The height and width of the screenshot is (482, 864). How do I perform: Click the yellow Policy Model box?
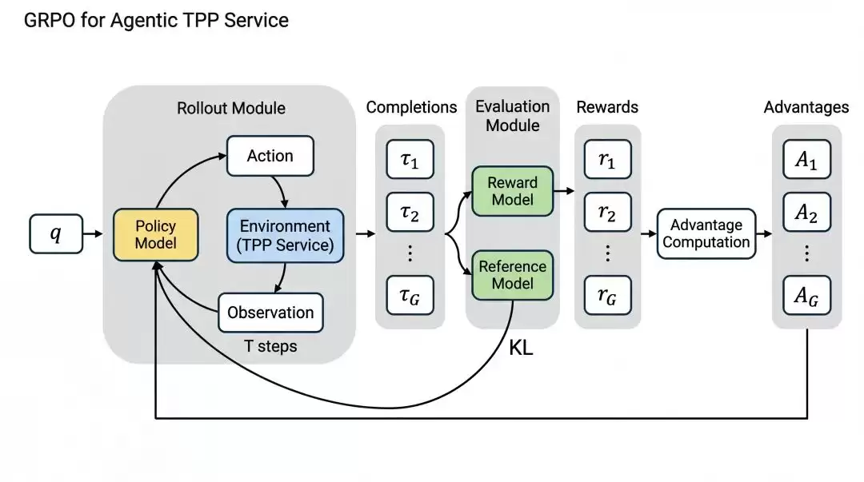point(155,235)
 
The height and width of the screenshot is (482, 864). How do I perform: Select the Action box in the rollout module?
point(270,156)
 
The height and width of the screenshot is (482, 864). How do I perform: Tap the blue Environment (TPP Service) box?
point(285,235)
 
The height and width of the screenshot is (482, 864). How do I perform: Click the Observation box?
point(270,313)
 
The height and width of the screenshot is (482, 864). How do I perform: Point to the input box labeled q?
point(56,233)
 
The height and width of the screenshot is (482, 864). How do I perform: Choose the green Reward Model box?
point(513,191)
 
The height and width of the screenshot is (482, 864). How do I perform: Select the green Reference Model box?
point(513,275)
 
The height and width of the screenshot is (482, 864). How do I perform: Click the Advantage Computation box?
point(706,233)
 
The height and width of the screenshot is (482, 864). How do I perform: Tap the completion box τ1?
point(410,159)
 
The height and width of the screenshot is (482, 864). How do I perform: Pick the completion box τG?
point(410,295)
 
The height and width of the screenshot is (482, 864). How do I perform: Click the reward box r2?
point(607,212)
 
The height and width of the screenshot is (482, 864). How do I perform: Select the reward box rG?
point(607,295)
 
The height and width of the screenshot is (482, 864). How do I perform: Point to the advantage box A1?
point(806,159)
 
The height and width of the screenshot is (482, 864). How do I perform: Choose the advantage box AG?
point(806,295)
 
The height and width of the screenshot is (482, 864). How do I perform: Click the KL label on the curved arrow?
point(521,349)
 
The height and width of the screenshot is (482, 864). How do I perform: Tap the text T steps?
point(270,346)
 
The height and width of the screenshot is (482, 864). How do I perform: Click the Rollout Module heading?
point(231,108)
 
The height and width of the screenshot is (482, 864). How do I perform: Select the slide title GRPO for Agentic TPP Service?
point(157,20)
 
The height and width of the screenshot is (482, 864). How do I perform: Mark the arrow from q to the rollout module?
point(93,233)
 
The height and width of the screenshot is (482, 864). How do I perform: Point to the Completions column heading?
point(412,107)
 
